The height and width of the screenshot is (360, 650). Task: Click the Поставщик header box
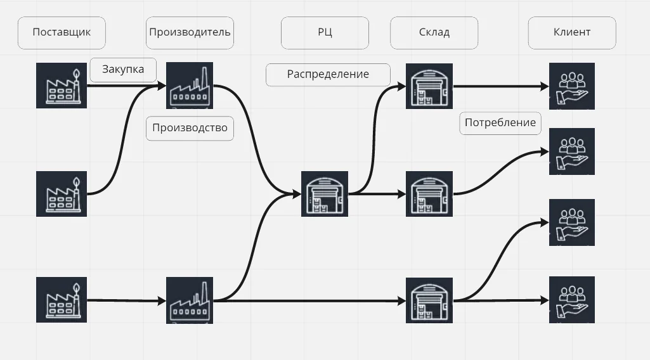point(62,32)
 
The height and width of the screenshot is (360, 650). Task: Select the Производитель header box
point(190,32)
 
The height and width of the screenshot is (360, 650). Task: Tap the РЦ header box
point(325,32)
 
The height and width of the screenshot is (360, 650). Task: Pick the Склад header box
point(434,32)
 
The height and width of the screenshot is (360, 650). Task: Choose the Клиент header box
point(571,32)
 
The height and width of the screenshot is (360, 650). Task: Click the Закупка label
point(123,70)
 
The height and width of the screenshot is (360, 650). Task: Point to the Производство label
point(190,128)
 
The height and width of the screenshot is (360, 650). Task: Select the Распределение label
point(328,74)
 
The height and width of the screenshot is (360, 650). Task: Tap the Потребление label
point(500,123)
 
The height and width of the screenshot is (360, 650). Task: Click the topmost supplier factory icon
point(62,86)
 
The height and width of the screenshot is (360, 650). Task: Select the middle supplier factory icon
point(62,193)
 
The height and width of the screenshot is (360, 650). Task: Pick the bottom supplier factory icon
point(62,299)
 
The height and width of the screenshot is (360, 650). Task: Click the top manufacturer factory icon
point(190,86)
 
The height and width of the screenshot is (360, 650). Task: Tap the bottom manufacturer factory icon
point(190,300)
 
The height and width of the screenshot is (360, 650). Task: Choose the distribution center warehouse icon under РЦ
point(325,194)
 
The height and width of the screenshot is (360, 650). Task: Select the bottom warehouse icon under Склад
point(430,300)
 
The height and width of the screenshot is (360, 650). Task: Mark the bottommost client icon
point(571,300)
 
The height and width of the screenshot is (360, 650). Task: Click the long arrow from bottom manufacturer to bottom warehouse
point(311,300)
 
